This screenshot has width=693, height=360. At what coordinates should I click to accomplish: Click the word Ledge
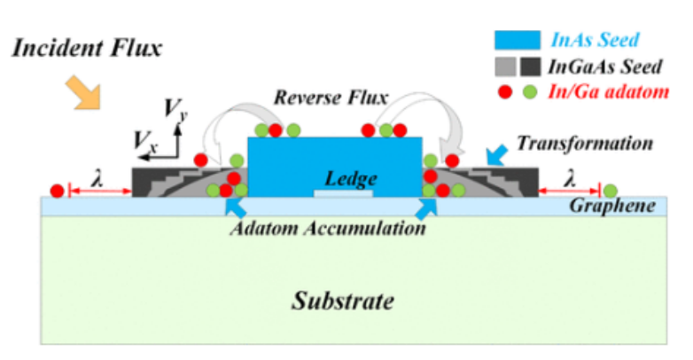(343, 178)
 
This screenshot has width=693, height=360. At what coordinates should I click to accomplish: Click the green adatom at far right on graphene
(611, 190)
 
